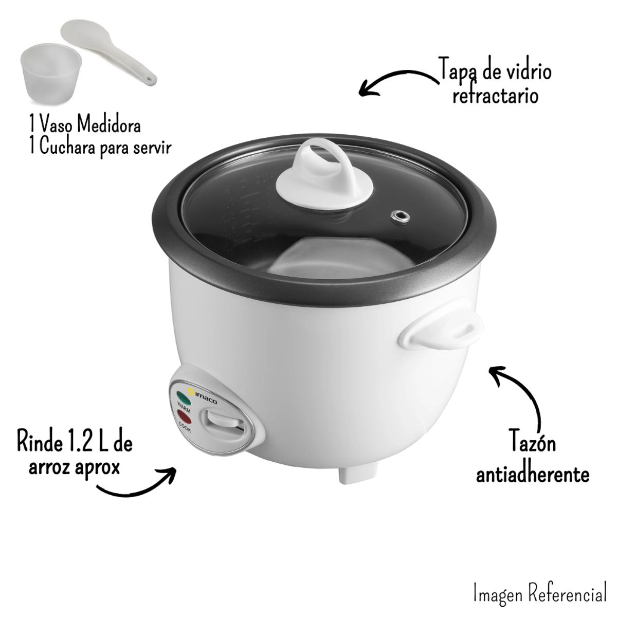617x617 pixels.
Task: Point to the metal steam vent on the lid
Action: [397, 216]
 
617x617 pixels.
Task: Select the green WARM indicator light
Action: [183, 396]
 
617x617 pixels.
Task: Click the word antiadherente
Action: [532, 474]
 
